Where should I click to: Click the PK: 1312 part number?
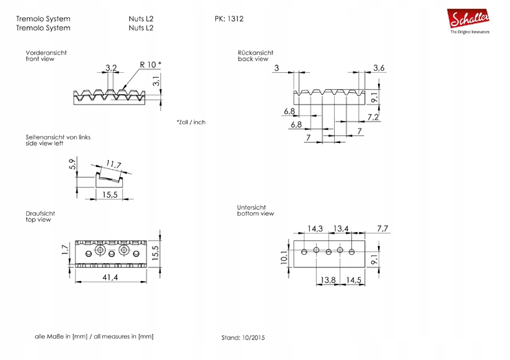coord(230,19)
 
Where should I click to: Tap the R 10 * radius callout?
coord(151,65)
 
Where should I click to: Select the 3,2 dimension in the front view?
coord(111,68)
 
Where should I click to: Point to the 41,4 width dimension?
coord(110,277)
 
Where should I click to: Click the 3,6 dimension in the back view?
coord(379,67)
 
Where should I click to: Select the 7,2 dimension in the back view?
coord(374,117)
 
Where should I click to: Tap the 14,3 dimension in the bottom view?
coord(315,228)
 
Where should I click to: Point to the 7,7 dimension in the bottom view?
coord(383,228)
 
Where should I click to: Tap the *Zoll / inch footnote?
coord(190,122)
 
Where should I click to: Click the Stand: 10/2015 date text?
coord(243,338)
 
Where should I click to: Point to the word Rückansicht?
coord(256,52)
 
